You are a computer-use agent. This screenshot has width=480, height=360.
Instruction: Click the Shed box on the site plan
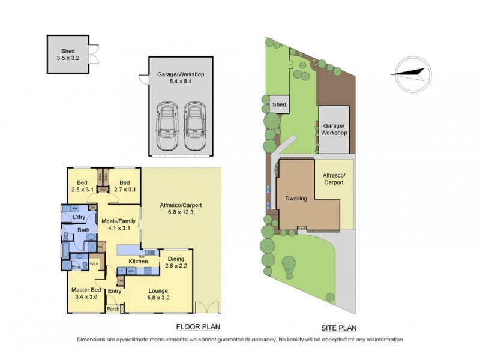tap(279, 104)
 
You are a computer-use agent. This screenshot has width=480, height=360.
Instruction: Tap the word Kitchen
tap(139, 262)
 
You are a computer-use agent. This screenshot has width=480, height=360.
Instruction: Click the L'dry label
tap(79, 217)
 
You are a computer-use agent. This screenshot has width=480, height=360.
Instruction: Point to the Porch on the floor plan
tap(113, 309)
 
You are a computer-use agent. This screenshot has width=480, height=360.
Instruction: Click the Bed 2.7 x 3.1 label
tap(125, 186)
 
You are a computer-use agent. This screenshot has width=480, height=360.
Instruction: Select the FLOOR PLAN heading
tap(197, 327)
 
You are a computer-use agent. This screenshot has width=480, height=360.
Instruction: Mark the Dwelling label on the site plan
tap(296, 199)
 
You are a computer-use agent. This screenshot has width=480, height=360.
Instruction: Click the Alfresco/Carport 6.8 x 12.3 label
tap(181, 208)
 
